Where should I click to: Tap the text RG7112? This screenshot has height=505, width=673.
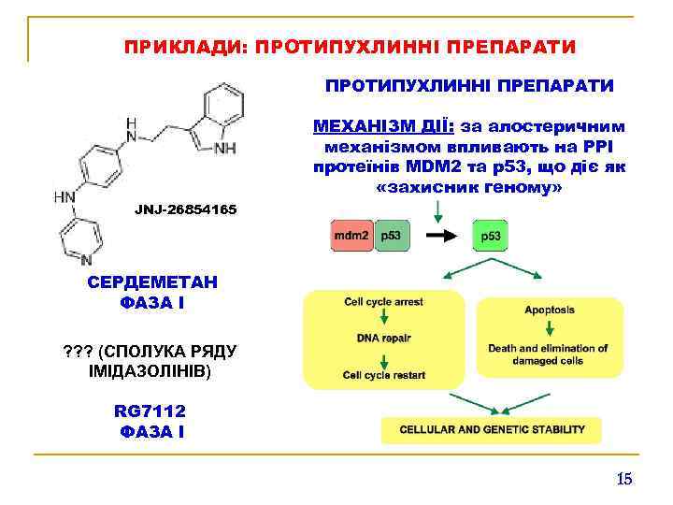point(150,411)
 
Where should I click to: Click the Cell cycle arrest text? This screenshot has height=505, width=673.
point(384,302)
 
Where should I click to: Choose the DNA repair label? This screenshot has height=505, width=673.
point(384,338)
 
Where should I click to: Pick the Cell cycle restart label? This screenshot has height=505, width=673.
point(384,375)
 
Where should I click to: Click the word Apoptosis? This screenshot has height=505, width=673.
point(550,310)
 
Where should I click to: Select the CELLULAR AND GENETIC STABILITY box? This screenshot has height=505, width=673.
point(493,430)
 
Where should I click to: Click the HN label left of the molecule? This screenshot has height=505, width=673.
point(64,197)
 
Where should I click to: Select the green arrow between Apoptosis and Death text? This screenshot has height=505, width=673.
point(550,328)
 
